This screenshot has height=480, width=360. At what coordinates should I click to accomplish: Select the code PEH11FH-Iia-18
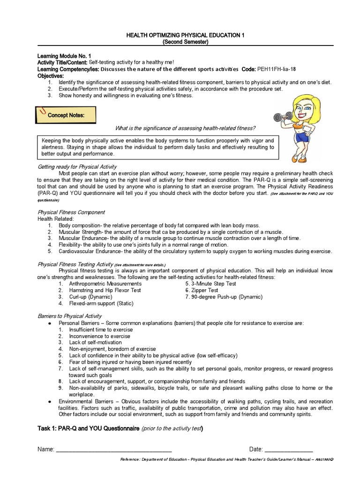pos(276,68)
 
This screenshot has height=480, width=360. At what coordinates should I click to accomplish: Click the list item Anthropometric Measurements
pos(101,284)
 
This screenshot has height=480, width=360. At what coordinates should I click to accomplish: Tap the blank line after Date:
pos(288,449)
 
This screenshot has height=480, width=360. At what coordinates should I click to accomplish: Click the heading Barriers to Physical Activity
pos(69,316)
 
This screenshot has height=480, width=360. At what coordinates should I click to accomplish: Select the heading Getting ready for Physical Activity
pos(77,166)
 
